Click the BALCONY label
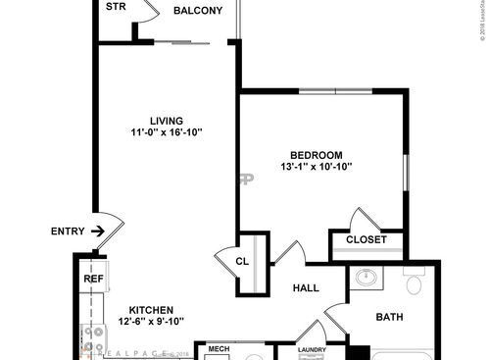(197, 12)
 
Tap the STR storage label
(115, 6)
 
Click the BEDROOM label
(316, 155)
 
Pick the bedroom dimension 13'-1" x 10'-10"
(316, 168)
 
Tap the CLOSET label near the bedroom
(367, 239)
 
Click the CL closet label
(242, 261)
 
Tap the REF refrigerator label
(93, 279)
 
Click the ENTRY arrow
(97, 231)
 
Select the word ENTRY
(67, 231)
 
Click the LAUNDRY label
(312, 350)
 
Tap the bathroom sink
(366, 279)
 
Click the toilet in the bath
(413, 285)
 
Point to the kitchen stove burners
(95, 340)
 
